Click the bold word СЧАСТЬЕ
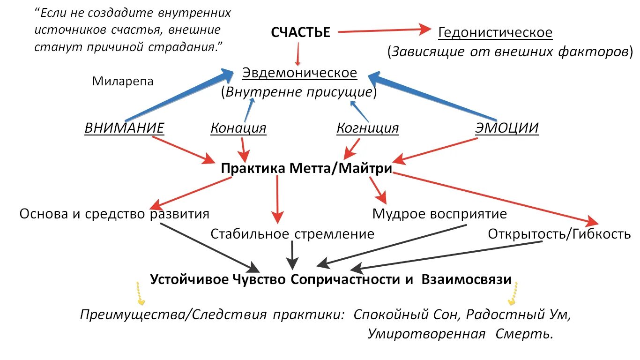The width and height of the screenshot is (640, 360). (x=300, y=32)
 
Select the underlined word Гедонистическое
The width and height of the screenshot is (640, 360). (x=495, y=33)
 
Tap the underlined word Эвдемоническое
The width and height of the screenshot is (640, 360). (x=299, y=73)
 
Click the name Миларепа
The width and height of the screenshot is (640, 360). (x=123, y=81)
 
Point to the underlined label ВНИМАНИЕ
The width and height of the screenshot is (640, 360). (x=124, y=128)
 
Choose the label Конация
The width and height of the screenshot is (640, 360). (x=238, y=128)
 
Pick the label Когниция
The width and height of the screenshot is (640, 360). (x=368, y=128)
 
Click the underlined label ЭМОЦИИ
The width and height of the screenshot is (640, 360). (x=507, y=128)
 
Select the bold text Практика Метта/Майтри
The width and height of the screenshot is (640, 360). (x=306, y=169)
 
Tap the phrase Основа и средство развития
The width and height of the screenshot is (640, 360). (x=114, y=214)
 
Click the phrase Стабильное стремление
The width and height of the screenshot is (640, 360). (x=292, y=233)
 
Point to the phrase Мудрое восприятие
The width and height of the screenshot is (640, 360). (x=439, y=214)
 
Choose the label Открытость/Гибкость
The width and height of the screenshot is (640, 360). (x=559, y=233)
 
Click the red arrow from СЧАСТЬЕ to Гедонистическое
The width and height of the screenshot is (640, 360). (x=384, y=30)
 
